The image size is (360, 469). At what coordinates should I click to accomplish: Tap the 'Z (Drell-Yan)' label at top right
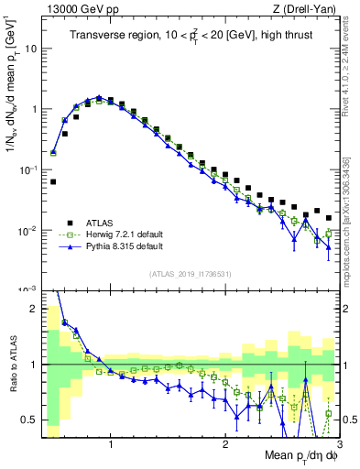click(x=309, y=9)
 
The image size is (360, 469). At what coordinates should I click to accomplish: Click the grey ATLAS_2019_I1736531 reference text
click(x=191, y=274)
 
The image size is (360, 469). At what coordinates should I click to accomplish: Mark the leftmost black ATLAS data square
click(x=53, y=181)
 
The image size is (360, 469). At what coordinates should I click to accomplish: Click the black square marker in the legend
click(x=67, y=222)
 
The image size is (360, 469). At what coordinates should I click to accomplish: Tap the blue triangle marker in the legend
click(x=67, y=246)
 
